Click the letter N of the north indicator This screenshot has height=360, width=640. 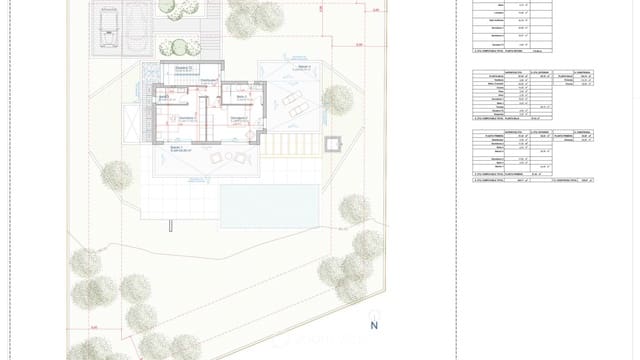(374, 325)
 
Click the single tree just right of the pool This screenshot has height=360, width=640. (355, 210)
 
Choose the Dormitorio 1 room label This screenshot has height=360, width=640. (186, 118)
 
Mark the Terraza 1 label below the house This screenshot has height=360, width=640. (177, 148)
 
